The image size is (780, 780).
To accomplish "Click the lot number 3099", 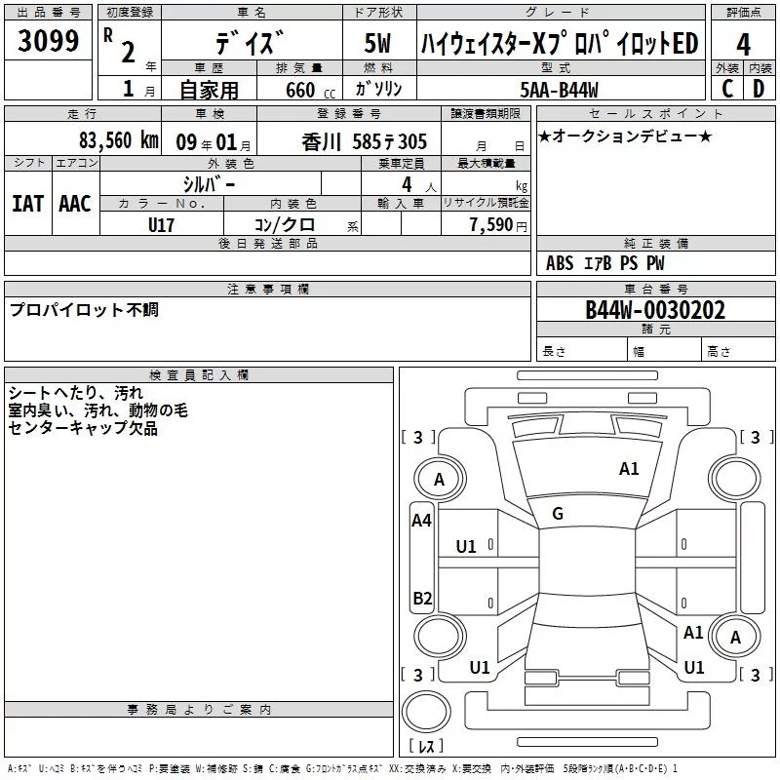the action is tap(48, 41).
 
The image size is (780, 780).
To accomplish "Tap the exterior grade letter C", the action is tap(727, 89).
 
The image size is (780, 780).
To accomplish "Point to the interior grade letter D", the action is tap(759, 89).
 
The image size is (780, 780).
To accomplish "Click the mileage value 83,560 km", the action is tap(118, 139).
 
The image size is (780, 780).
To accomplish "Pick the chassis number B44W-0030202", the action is tap(655, 310).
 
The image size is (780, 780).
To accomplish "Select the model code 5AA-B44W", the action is tap(561, 89).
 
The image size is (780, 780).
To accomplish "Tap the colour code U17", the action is tap(161, 223).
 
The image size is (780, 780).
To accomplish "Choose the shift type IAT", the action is tap(27, 204).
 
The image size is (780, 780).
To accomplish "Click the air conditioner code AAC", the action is tap(74, 204).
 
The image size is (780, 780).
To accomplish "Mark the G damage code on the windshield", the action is tap(558, 514).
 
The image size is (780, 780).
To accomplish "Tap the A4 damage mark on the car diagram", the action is tap(421, 521).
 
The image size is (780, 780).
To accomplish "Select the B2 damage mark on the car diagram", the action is tap(422, 599).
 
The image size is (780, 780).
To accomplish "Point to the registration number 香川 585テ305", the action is tap(365, 139).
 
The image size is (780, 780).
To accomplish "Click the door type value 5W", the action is tap(380, 44).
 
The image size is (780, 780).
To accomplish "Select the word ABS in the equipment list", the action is tap(560, 263).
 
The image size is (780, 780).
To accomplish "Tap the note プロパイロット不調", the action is tap(84, 310).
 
